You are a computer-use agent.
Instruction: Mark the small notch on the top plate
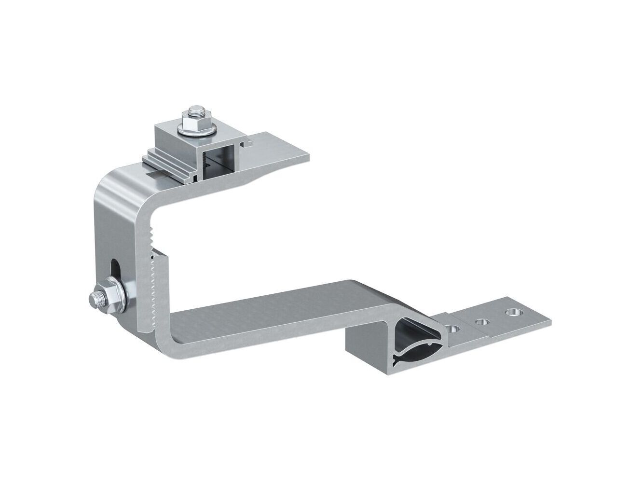[248, 142]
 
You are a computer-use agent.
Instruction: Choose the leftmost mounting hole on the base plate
[452, 329]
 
